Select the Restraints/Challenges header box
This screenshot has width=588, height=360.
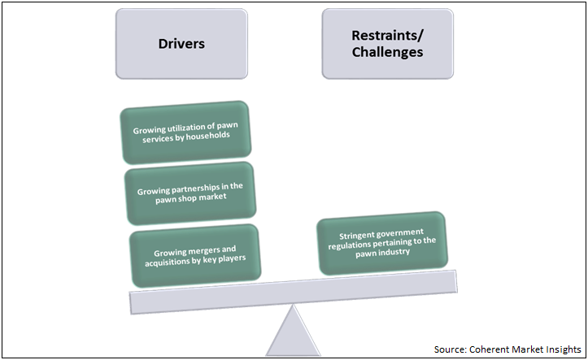[386, 43]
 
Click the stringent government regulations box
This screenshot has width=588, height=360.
[381, 242]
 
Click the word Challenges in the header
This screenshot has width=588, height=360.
[386, 52]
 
